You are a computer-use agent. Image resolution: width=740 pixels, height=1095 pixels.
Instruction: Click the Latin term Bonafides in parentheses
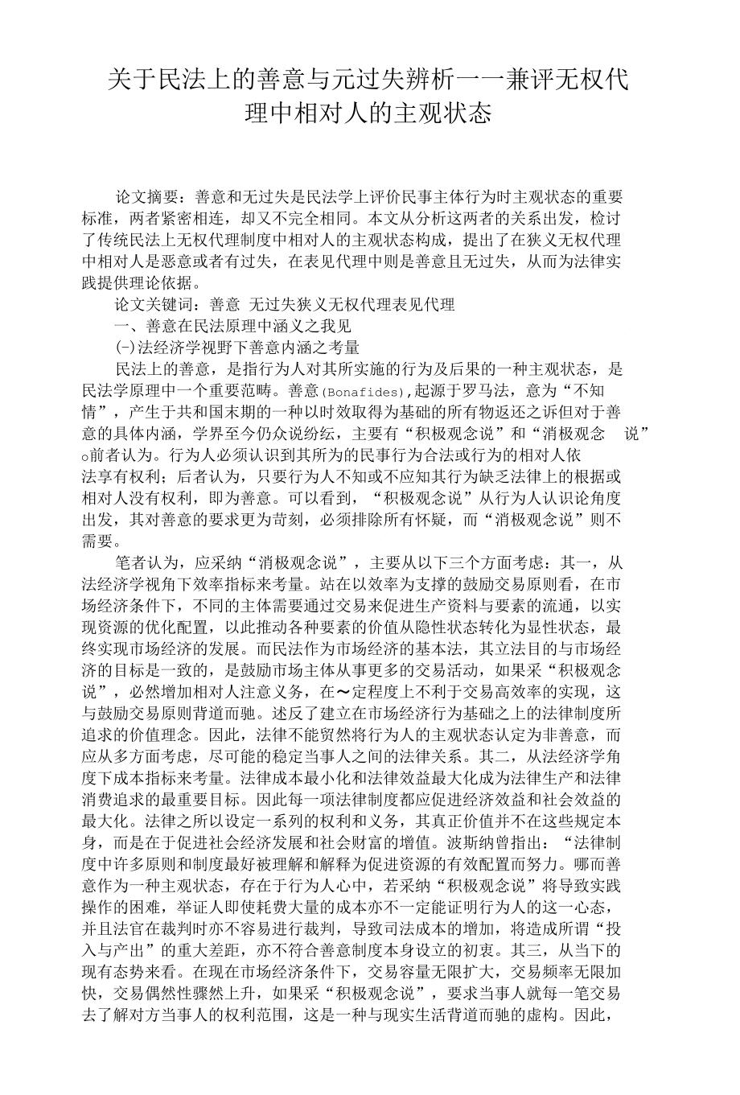click(364, 393)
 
